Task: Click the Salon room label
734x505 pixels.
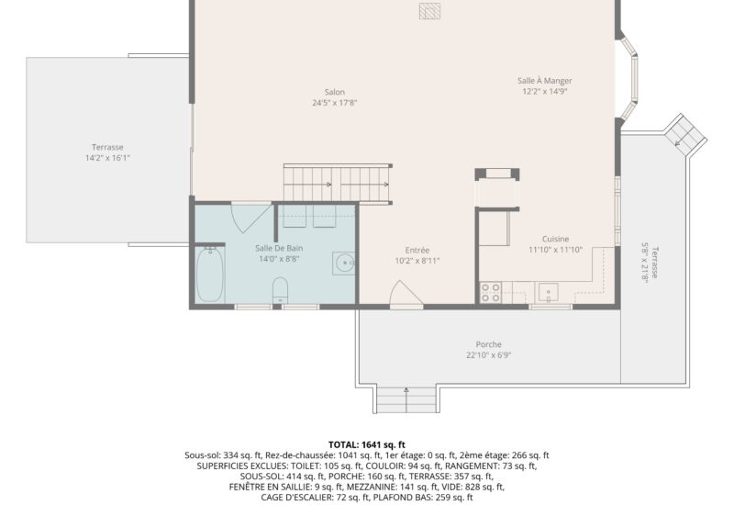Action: [334, 93]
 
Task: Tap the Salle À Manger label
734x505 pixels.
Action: [544, 81]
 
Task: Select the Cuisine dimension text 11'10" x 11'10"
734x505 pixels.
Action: [556, 250]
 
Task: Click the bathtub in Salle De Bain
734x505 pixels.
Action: [210, 275]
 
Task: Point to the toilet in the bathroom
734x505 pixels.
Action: [280, 290]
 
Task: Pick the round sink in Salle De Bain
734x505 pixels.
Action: [343, 264]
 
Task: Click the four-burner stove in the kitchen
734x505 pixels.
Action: [491, 292]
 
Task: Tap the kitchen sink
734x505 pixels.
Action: [548, 293]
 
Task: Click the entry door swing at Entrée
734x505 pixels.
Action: [406, 294]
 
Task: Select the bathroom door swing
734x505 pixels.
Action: [250, 217]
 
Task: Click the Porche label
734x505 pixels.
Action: [488, 344]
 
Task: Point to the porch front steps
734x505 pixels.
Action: [406, 399]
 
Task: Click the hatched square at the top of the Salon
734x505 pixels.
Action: [429, 11]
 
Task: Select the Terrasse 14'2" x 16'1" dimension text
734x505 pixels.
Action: [107, 158]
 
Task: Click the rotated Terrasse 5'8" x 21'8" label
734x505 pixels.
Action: [650, 262]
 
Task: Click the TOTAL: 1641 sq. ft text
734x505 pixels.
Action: [366, 444]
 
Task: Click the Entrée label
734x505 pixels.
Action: [417, 251]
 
